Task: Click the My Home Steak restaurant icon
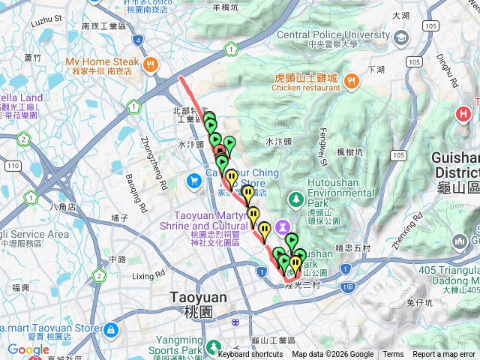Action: click(x=151, y=64)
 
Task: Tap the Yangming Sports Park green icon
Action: click(x=214, y=346)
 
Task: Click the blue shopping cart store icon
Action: click(x=194, y=180)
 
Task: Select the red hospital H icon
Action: click(x=465, y=115)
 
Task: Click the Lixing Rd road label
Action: click(x=148, y=277)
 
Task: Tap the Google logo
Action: click(x=28, y=349)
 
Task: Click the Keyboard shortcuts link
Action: click(x=250, y=355)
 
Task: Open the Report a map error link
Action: click(x=444, y=355)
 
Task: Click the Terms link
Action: click(x=393, y=355)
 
